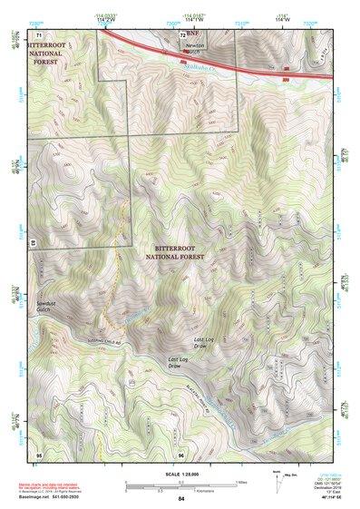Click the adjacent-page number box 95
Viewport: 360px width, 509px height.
[x=39, y=454]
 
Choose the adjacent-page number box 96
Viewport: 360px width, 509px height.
[x=181, y=454]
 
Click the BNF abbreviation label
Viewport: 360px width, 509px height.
[x=191, y=33]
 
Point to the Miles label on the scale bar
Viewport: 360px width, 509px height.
[x=240, y=482]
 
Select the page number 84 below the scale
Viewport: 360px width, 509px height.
[x=180, y=499]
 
